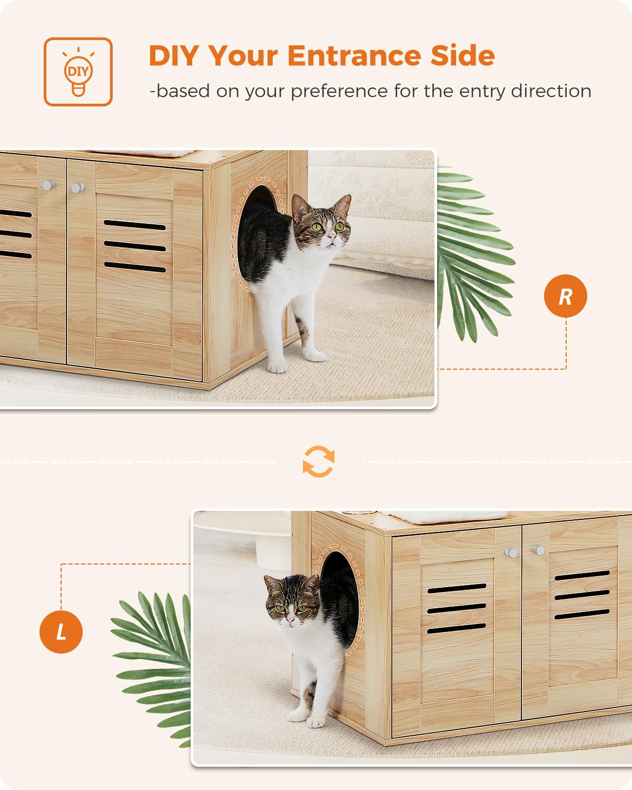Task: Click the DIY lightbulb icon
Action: point(78,72)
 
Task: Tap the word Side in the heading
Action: point(462,56)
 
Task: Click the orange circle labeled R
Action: point(565,296)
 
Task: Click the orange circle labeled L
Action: point(61,631)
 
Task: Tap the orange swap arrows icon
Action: point(318,462)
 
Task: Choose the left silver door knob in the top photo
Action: point(49,185)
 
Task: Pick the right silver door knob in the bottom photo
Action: point(538,550)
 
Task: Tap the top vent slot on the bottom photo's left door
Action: point(457,588)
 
